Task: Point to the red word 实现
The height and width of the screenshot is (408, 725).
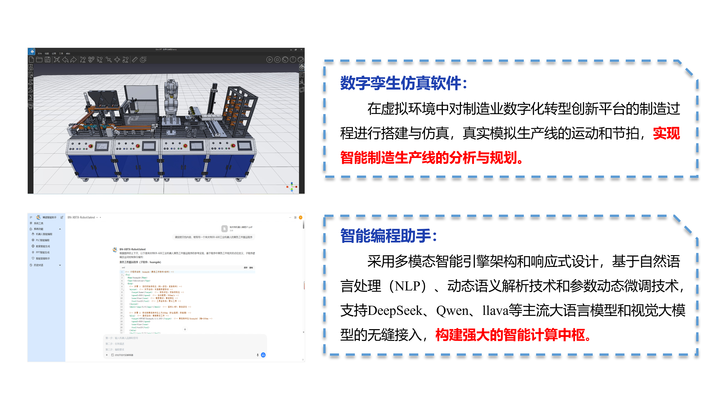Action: [x=666, y=133]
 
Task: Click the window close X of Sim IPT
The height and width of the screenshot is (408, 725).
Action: [x=301, y=50]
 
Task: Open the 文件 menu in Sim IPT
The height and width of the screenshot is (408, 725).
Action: [x=40, y=54]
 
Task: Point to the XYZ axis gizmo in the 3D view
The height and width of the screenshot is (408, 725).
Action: [x=292, y=187]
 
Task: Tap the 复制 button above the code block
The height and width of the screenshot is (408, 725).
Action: [x=251, y=268]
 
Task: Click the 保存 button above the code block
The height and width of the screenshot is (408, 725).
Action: [x=245, y=268]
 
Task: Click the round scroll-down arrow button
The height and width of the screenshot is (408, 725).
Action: [x=185, y=329]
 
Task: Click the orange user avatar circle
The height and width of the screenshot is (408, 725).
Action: [x=301, y=217]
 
